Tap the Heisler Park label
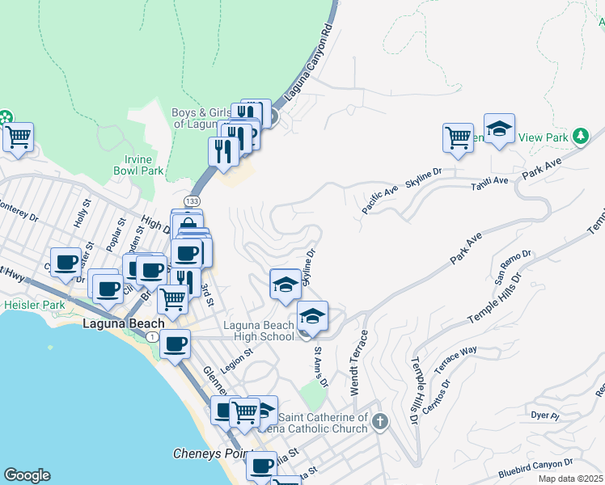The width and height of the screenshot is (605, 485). tap(33, 306)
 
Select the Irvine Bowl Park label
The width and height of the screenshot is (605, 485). tap(138, 165)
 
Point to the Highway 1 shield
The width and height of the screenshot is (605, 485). tap(153, 335)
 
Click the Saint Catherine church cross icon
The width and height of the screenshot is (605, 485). tap(380, 421)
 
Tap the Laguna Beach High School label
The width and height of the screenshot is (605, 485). tap(258, 331)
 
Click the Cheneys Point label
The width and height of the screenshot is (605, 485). tap(208, 453)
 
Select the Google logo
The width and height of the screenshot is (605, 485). tap(27, 474)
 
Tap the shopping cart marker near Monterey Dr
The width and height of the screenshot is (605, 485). tap(17, 137)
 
